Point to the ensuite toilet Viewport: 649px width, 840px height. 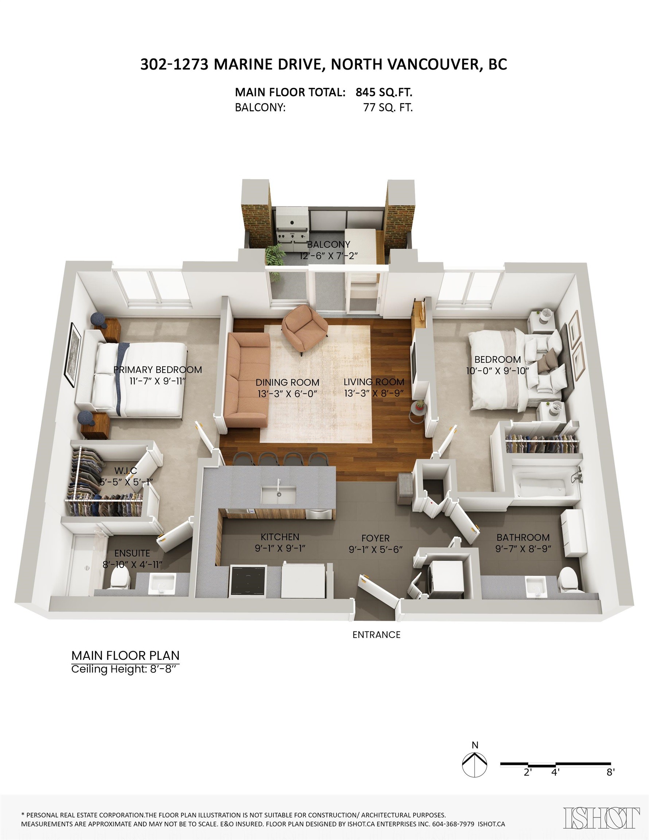pyautogui.click(x=120, y=579)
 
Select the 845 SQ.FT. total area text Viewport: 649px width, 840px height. pyautogui.click(x=384, y=92)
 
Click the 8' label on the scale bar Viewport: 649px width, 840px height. pyautogui.click(x=610, y=772)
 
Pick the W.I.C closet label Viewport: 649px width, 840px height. pyautogui.click(x=126, y=471)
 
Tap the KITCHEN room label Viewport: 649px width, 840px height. pyautogui.click(x=280, y=537)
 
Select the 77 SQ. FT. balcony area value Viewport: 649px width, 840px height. pyautogui.click(x=388, y=108)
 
